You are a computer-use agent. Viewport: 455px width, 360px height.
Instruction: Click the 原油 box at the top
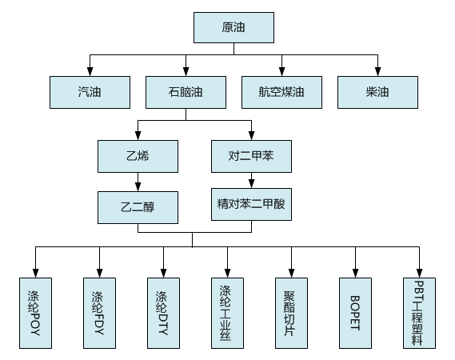233,27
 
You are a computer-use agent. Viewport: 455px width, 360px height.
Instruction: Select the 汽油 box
90,92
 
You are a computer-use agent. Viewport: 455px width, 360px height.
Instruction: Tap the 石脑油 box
186,92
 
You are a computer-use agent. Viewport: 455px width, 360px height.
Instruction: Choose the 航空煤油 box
281,92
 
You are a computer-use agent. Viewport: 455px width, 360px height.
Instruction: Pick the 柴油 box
377,92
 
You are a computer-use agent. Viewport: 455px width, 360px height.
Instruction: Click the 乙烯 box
138,157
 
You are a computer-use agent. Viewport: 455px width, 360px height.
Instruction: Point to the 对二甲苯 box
251,157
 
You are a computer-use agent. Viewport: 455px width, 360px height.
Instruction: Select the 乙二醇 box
138,207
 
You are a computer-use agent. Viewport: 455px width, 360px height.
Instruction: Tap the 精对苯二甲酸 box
251,204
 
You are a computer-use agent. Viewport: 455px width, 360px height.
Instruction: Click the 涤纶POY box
35,313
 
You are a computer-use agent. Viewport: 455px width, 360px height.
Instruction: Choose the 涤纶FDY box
99,313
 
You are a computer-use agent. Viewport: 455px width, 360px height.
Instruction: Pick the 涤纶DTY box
163,313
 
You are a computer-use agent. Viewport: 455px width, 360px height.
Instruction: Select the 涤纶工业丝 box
227,313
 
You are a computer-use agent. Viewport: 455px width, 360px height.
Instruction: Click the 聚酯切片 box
291,313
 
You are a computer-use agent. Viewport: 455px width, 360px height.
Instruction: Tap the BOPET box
356,313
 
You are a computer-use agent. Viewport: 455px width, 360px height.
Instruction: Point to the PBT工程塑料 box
419,313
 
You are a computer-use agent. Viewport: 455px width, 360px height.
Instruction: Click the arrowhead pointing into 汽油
90,72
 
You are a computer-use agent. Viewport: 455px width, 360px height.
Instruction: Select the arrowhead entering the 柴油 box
377,72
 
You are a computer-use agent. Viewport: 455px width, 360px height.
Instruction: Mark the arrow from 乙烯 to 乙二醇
138,182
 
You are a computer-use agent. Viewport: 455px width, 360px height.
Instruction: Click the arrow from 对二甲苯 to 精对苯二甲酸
251,181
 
